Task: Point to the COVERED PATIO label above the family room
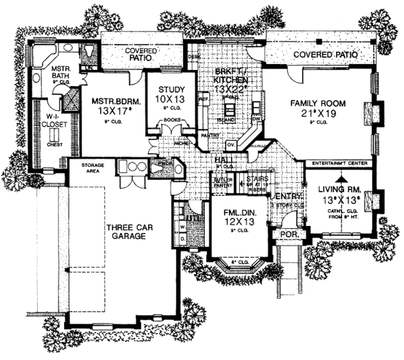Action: pos(320,51)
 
